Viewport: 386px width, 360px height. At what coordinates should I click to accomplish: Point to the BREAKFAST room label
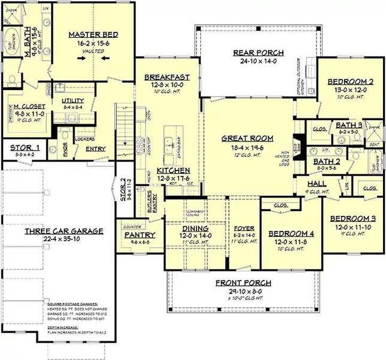pos(167,77)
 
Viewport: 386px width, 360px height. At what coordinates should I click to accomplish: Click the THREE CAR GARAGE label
pos(64,230)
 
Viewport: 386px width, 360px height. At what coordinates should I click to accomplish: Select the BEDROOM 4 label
pos(289,233)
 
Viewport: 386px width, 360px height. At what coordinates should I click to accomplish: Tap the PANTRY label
pos(141,235)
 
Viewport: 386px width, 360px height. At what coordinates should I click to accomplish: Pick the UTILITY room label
pos(73,101)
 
